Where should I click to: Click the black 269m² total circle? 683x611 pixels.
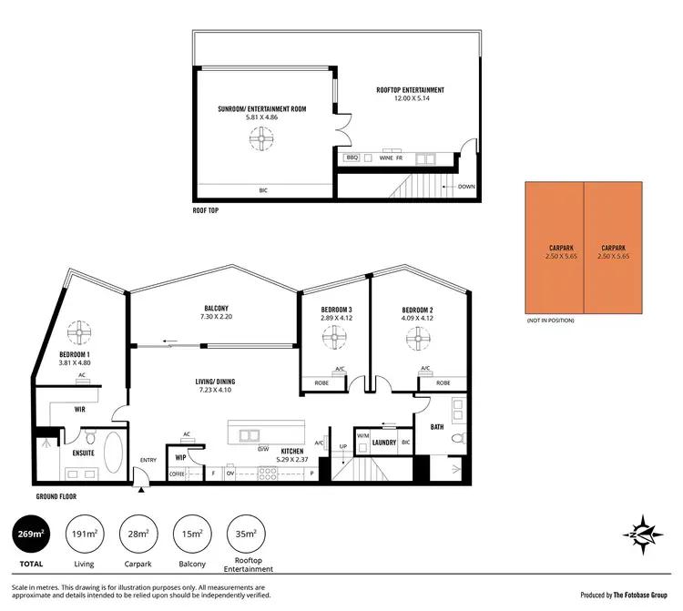(x=32, y=535)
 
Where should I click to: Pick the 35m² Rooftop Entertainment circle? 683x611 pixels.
(x=246, y=535)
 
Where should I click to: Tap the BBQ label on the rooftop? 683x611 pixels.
(x=352, y=158)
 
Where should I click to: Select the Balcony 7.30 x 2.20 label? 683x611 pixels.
(x=217, y=312)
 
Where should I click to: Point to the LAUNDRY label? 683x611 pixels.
(x=385, y=443)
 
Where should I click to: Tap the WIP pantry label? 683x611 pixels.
(x=180, y=457)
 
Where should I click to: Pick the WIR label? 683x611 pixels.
(x=79, y=410)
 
